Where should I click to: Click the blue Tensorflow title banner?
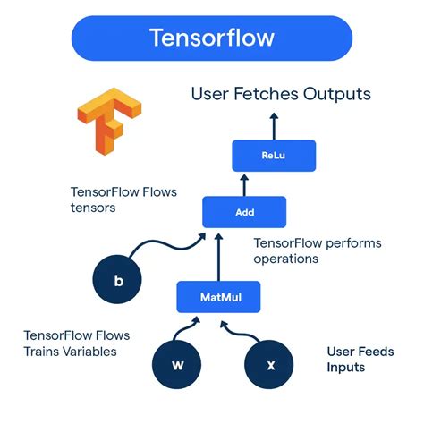pos(211,38)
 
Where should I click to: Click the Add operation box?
pos(243,213)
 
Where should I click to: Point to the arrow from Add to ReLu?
pos(243,183)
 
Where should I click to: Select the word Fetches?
pos(260,93)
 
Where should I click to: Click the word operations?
pos(286,259)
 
